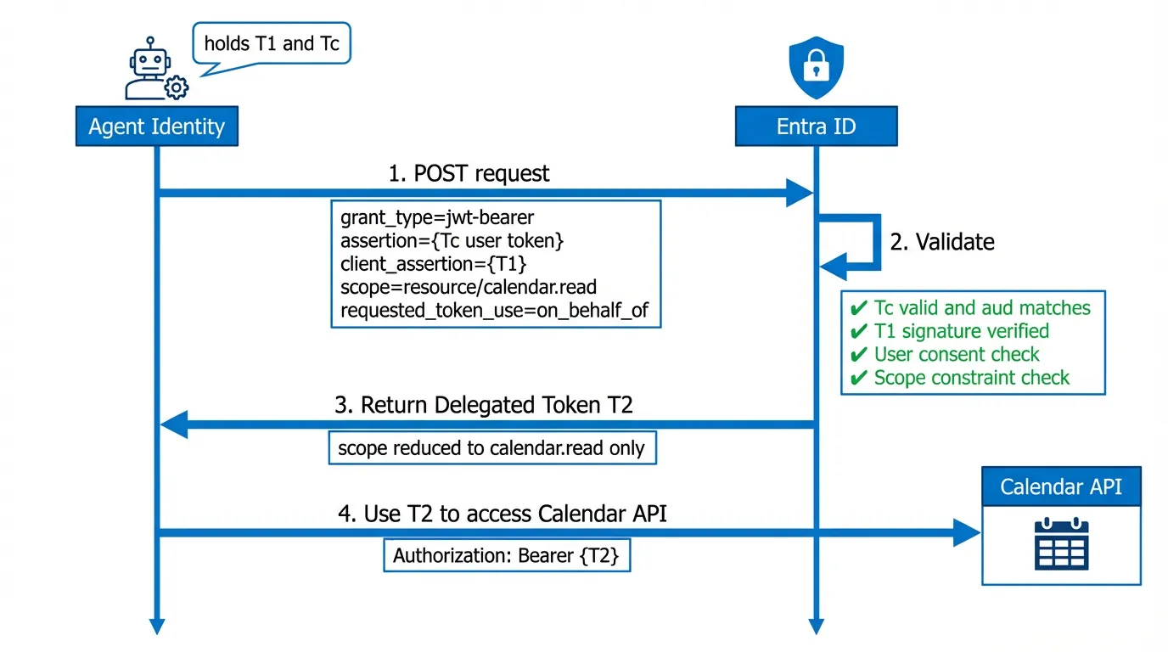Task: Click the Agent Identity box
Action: [156, 126]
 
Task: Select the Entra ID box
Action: [816, 126]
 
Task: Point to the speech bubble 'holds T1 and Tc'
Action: [272, 44]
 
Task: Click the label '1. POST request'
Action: [469, 173]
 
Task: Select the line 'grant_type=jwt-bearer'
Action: [437, 217]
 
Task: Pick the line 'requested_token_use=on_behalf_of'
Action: [494, 311]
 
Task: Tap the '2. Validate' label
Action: [941, 242]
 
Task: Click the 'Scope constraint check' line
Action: [971, 378]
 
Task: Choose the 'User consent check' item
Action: [956, 354]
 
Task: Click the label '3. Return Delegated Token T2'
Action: [484, 405]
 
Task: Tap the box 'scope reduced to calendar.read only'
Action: [491, 447]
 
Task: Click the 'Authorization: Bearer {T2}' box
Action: [506, 556]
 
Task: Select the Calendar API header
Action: [1060, 486]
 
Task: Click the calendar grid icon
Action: [1061, 543]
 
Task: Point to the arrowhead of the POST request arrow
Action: [800, 194]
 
